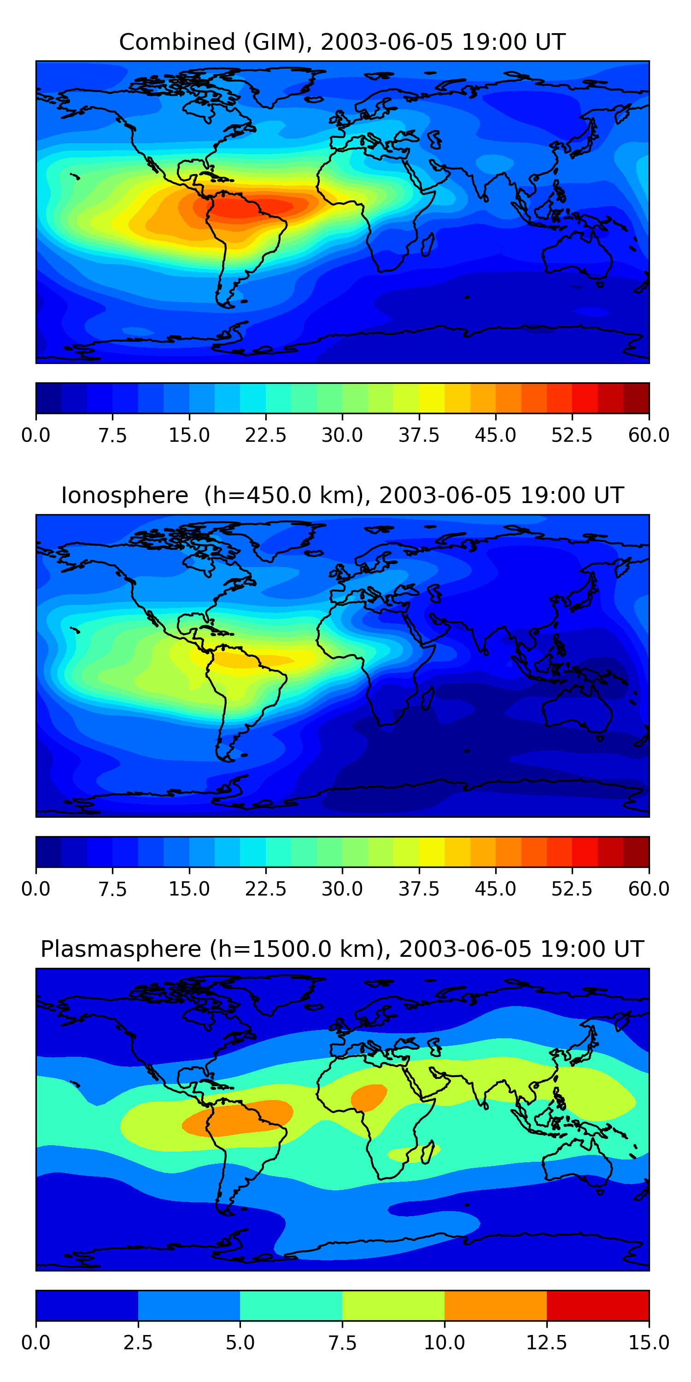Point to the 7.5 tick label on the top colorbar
click(x=113, y=435)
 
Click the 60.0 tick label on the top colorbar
click(x=649, y=435)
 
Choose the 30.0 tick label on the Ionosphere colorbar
click(x=342, y=889)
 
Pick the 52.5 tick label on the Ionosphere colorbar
click(x=572, y=889)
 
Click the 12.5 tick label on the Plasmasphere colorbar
click(x=547, y=1342)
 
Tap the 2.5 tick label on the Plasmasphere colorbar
click(x=138, y=1342)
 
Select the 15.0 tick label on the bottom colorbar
click(x=649, y=1342)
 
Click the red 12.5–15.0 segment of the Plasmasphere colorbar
click(x=597, y=1305)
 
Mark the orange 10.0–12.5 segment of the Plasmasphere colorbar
click(x=495, y=1305)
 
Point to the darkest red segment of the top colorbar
click(x=636, y=398)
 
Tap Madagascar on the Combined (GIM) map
click(x=427, y=244)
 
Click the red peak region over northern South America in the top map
click(x=247, y=208)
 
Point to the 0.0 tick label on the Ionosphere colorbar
click(x=36, y=889)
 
